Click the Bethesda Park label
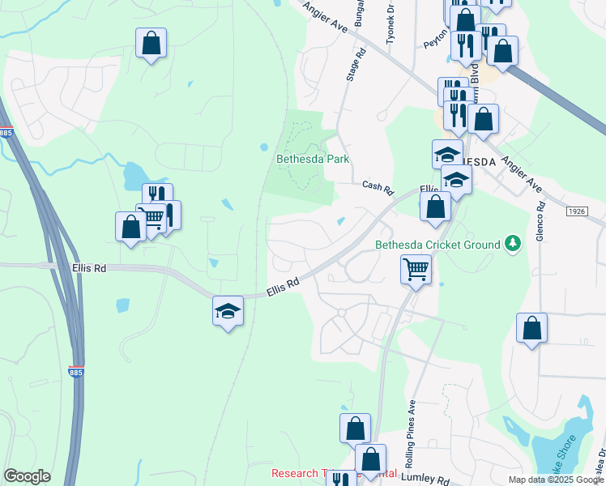pyautogui.click(x=313, y=159)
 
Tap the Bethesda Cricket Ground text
pyautogui.click(x=437, y=245)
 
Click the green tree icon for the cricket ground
pyautogui.click(x=512, y=243)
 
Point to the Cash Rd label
pyautogui.click(x=378, y=186)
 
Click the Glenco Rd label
pyautogui.click(x=541, y=220)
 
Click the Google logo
pyautogui.click(x=27, y=476)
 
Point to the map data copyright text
pyautogui.click(x=556, y=480)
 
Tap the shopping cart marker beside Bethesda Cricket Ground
pyautogui.click(x=416, y=268)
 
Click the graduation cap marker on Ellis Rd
pyautogui.click(x=228, y=310)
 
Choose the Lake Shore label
pyautogui.click(x=564, y=451)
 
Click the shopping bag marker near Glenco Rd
pyautogui.click(x=531, y=328)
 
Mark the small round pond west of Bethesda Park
pyautogui.click(x=264, y=147)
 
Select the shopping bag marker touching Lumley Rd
pyautogui.click(x=370, y=459)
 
